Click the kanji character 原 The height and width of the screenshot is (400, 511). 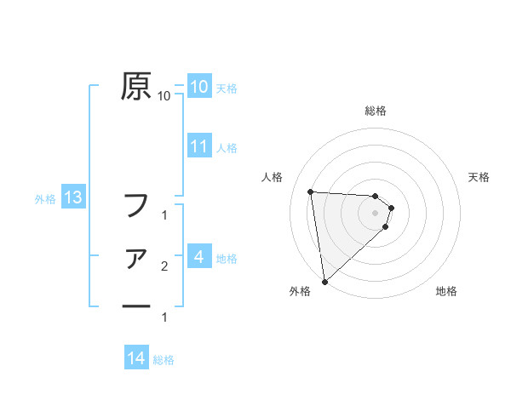tap(135, 86)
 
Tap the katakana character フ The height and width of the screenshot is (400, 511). tap(135, 204)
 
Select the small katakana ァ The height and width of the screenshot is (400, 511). tap(135, 259)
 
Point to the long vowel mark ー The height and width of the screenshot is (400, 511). tap(135, 306)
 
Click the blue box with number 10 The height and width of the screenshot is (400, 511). tap(198, 87)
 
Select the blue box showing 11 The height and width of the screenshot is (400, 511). tap(198, 146)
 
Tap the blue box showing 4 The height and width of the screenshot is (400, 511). tap(198, 256)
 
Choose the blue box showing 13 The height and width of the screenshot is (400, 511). tap(72, 198)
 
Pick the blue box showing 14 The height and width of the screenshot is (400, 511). tap(135, 358)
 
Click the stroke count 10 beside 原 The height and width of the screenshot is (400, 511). tap(164, 97)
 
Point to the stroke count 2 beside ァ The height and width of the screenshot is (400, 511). tap(164, 267)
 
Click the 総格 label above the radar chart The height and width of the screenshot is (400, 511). tap(375, 111)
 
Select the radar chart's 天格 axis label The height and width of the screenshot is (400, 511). tap(479, 177)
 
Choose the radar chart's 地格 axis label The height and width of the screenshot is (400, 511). tap(446, 291)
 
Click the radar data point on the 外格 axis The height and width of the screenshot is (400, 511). tap(324, 282)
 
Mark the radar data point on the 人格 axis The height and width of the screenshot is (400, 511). tap(311, 191)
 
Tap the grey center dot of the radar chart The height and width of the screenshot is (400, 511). tap(376, 213)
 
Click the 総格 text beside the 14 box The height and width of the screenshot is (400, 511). tap(164, 359)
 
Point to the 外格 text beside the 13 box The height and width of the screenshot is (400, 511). tap(45, 199)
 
